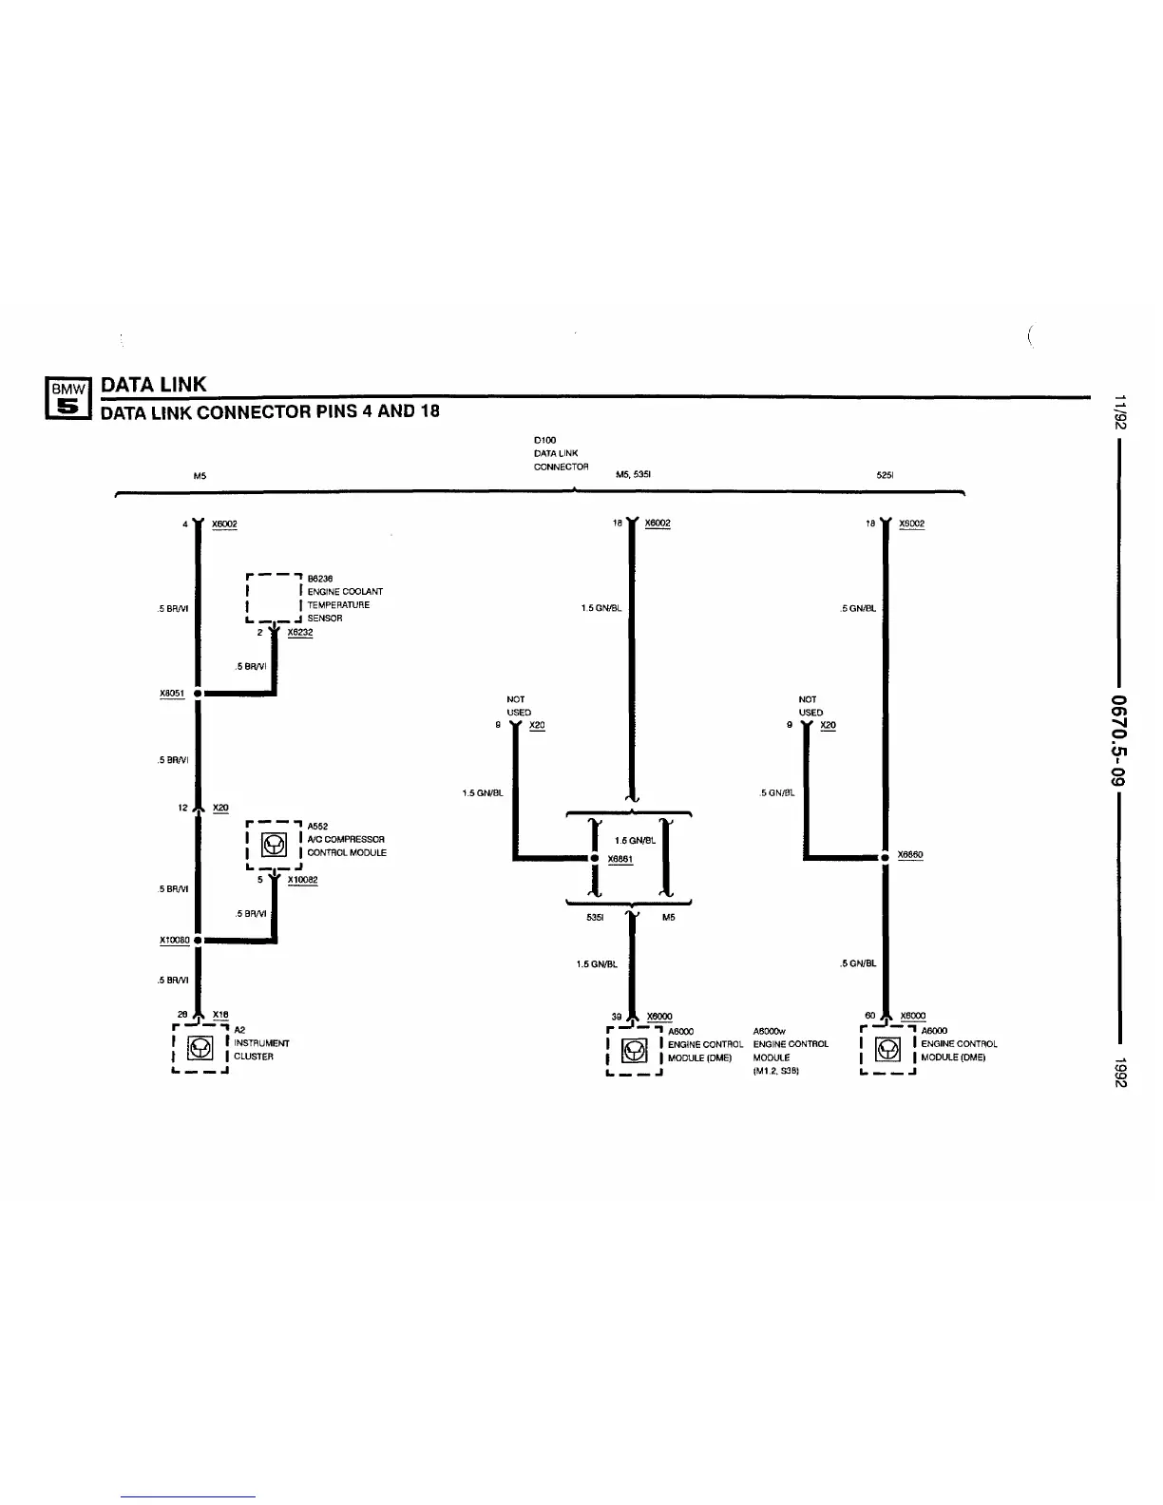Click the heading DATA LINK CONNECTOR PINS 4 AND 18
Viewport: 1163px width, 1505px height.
tap(270, 411)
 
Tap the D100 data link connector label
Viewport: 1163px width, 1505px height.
tap(561, 453)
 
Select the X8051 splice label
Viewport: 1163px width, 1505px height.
tap(172, 693)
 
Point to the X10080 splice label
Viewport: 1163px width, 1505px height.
tap(174, 940)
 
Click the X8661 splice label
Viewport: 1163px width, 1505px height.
tap(620, 858)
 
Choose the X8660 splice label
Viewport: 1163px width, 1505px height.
tap(909, 854)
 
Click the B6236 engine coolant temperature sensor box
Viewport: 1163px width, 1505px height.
tap(274, 598)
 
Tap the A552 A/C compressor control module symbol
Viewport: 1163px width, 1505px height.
tap(274, 843)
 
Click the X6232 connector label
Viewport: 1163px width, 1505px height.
tap(299, 631)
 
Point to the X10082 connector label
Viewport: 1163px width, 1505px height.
tap(302, 879)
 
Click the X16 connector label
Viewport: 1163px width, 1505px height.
tap(220, 1015)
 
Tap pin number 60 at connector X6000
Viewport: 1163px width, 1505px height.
tap(869, 1016)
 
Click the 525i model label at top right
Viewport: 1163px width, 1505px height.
tap(885, 475)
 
